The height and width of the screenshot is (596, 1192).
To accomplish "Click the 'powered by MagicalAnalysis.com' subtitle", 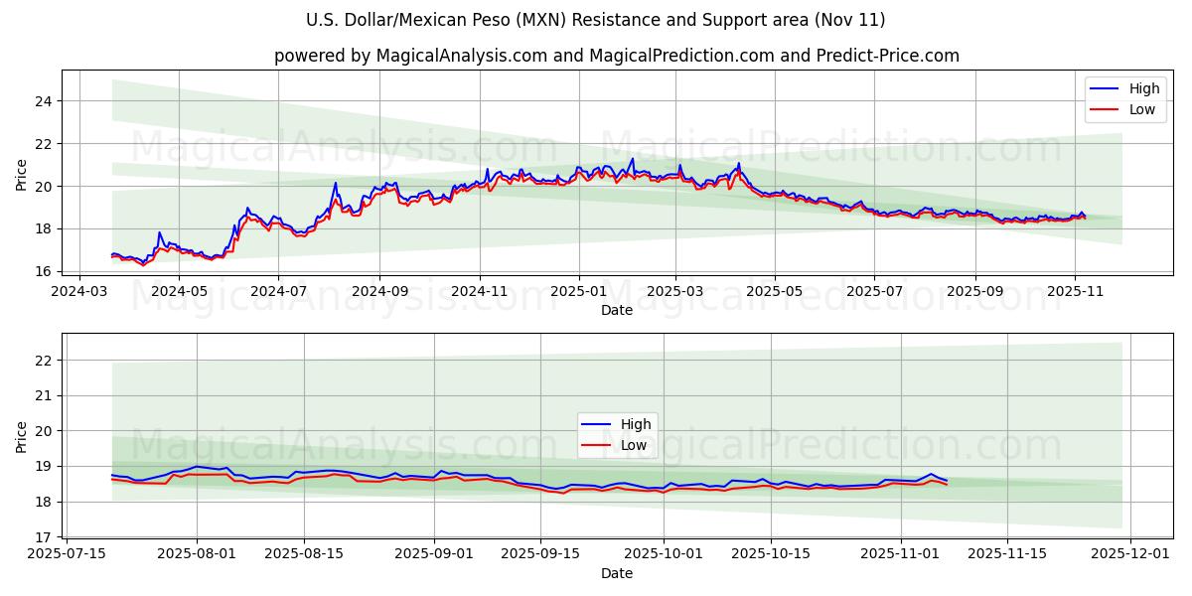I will point(617,56).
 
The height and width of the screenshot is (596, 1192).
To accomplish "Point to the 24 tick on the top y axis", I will point(45,101).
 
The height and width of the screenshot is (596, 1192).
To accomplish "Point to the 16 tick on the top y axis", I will point(45,271).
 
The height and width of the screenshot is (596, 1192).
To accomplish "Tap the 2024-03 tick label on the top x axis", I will point(78,291).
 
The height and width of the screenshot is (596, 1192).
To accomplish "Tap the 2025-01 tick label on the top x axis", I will point(578,291).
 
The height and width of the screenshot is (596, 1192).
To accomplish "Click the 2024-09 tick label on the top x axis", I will point(379,291).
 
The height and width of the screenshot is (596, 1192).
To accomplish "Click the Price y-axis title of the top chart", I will point(22,174).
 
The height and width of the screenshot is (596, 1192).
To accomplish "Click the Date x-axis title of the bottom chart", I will point(617,573).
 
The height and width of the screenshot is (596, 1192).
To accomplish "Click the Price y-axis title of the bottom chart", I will point(22,436).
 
